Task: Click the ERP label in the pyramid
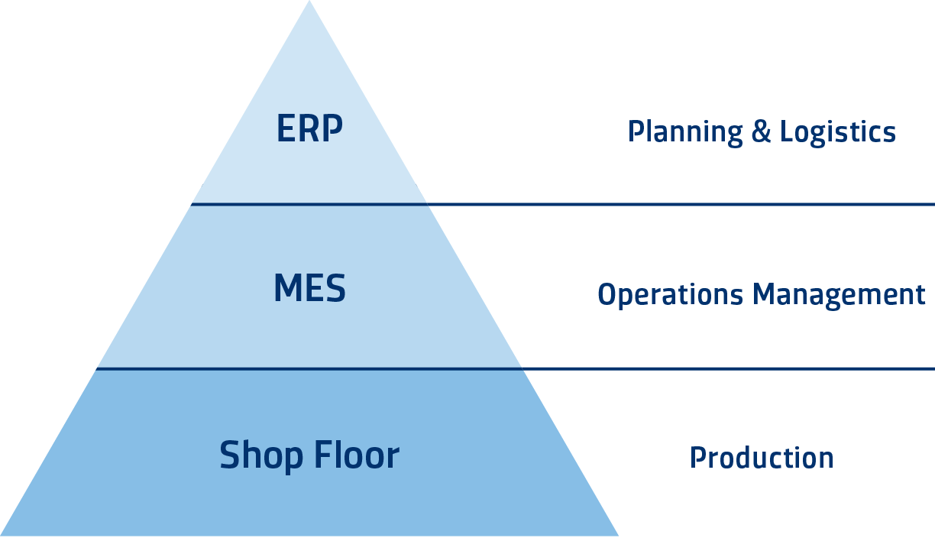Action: [x=309, y=129]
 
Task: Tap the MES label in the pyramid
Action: [x=309, y=289]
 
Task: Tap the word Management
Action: [x=840, y=295]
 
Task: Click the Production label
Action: [x=761, y=458]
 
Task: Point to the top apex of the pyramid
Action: [x=309, y=3]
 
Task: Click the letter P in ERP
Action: [x=332, y=129]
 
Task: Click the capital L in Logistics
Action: [x=785, y=131]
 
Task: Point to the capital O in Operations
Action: [x=607, y=294]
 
